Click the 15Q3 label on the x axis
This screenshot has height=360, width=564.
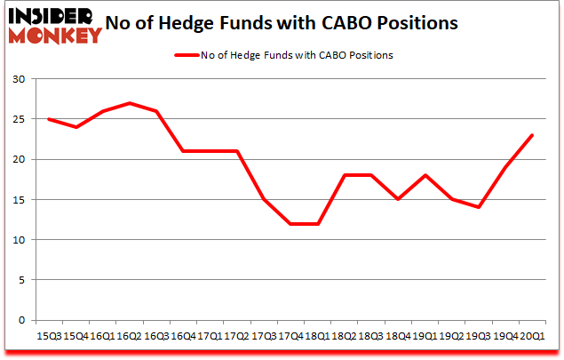(50, 336)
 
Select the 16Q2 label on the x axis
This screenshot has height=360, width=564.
(131, 336)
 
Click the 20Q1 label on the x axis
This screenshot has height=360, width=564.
(531, 336)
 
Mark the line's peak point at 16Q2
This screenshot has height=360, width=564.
(131, 103)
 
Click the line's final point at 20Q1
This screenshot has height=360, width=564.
(531, 135)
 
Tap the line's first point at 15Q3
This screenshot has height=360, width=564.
(50, 119)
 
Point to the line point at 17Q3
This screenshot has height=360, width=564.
(264, 199)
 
